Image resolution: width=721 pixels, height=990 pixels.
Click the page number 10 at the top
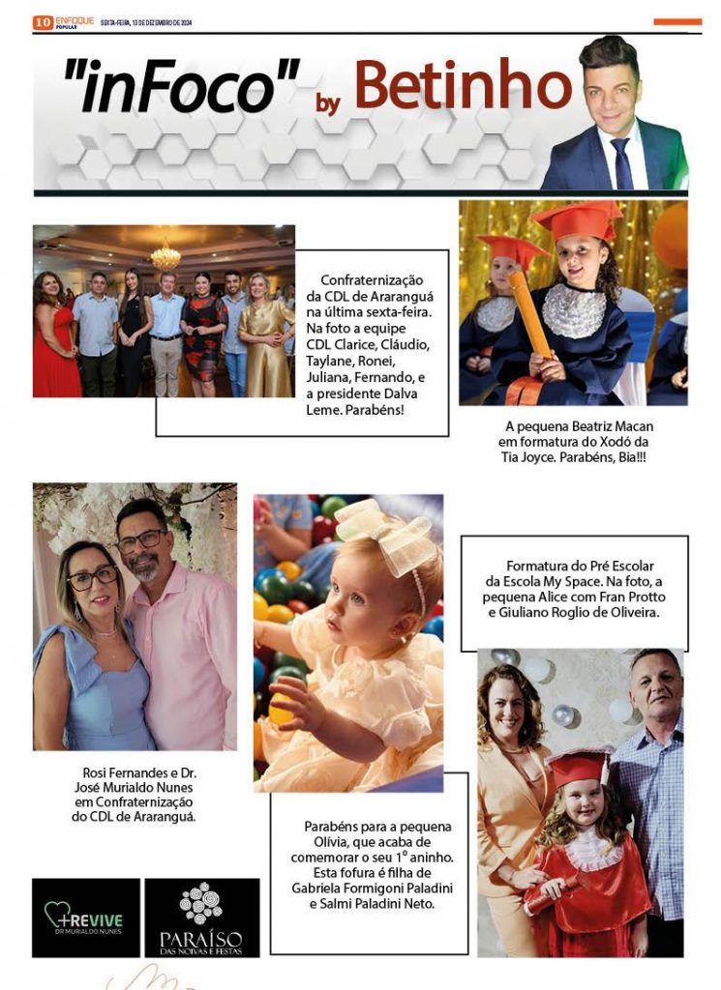click(x=42, y=21)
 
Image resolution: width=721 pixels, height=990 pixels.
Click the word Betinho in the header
click(x=465, y=87)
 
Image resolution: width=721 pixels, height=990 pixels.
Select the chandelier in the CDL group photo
click(x=165, y=257)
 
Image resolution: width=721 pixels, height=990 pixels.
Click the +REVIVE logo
click(x=85, y=917)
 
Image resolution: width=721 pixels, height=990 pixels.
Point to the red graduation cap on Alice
click(x=580, y=769)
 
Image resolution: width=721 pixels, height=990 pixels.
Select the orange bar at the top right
click(x=677, y=21)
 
